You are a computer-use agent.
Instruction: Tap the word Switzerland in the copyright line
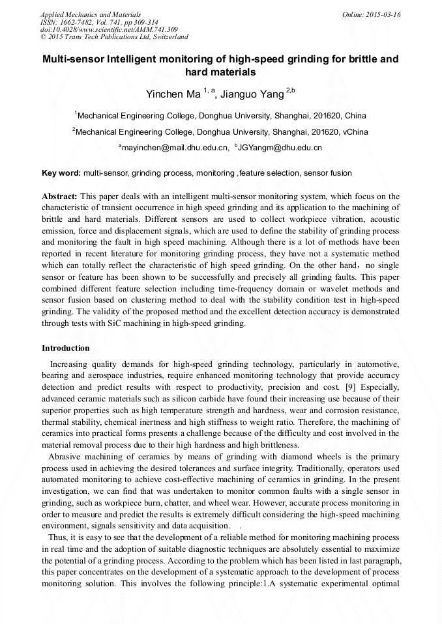point(167,37)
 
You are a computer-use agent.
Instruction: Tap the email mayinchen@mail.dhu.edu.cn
point(175,148)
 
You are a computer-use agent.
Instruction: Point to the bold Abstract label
point(59,196)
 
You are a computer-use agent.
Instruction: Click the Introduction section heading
point(66,348)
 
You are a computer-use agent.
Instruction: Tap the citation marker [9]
point(349,387)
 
